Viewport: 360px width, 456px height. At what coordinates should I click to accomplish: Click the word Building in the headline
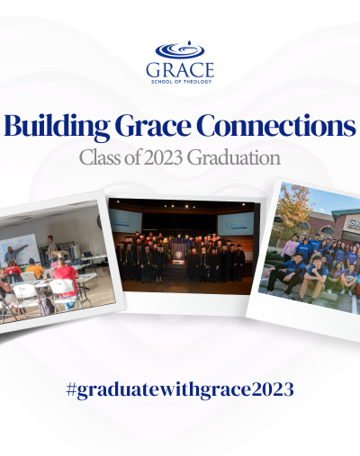57,126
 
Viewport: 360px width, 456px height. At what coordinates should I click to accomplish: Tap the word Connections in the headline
277,126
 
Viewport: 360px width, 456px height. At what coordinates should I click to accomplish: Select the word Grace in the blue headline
153,126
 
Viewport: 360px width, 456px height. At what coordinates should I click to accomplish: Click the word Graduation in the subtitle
234,157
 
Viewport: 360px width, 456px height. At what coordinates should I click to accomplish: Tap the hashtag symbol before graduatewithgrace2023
70,389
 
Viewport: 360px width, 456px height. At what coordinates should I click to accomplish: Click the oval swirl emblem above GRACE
180,50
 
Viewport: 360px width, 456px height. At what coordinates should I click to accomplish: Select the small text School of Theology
182,82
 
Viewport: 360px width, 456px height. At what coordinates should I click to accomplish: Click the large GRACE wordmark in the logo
180,70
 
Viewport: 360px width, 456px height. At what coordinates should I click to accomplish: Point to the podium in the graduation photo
180,254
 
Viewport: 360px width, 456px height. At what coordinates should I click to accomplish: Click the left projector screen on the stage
125,221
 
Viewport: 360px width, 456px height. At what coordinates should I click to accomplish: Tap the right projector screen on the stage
236,224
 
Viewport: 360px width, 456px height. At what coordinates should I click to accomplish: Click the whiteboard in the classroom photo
19,250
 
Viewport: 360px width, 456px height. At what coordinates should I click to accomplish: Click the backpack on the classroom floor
47,306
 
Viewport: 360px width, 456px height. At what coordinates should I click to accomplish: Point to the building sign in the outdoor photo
353,225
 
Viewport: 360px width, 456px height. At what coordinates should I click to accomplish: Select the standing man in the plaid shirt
51,249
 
